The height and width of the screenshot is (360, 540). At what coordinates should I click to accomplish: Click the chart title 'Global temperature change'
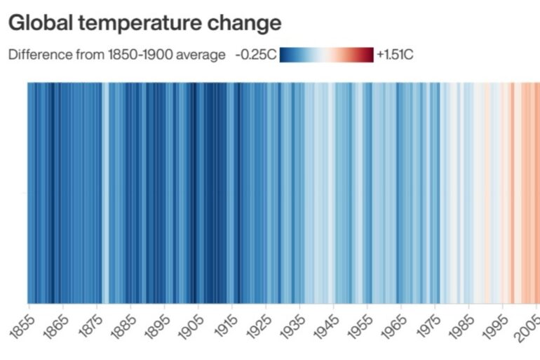pos(144,23)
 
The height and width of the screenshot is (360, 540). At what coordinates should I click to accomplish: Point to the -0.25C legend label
pos(256,55)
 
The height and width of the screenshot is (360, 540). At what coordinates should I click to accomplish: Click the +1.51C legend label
pos(395,55)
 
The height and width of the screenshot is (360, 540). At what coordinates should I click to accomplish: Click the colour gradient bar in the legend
pos(327,55)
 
